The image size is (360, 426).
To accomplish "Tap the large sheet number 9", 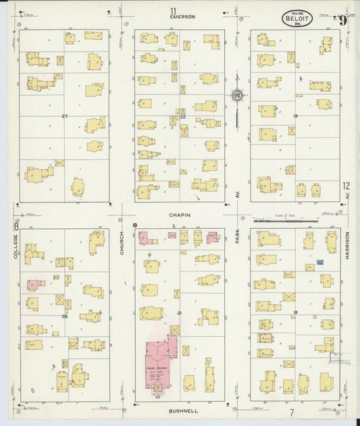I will tap(343, 20).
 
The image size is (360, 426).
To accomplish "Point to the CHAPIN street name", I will tap(180, 215).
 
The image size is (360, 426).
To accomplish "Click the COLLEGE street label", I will tap(15, 247).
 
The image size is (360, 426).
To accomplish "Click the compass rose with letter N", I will tap(236, 96).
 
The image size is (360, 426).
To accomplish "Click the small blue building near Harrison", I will tap(320, 261).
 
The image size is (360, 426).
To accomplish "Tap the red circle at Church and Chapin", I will tap(135, 224).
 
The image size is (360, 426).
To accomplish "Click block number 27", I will tap(65, 116).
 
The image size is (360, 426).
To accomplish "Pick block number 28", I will tap(65, 315).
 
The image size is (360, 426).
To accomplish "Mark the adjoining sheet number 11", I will tap(155, 9).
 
